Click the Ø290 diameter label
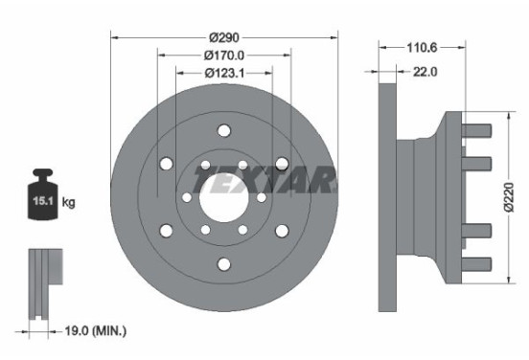pyautogui.click(x=224, y=36)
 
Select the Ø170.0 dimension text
pyautogui.click(x=224, y=55)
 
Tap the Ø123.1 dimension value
pyautogui.click(x=224, y=72)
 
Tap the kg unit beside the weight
pyautogui.click(x=68, y=202)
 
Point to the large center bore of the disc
pyautogui.click(x=223, y=197)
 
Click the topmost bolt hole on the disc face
pyautogui.click(x=223, y=131)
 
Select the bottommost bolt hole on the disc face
pyautogui.click(x=223, y=264)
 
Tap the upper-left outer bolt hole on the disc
pyautogui.click(x=166, y=165)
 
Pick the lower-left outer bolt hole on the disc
pyautogui.click(x=166, y=231)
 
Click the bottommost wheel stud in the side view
pyautogui.click(x=476, y=263)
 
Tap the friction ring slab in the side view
pyautogui.click(x=387, y=196)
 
